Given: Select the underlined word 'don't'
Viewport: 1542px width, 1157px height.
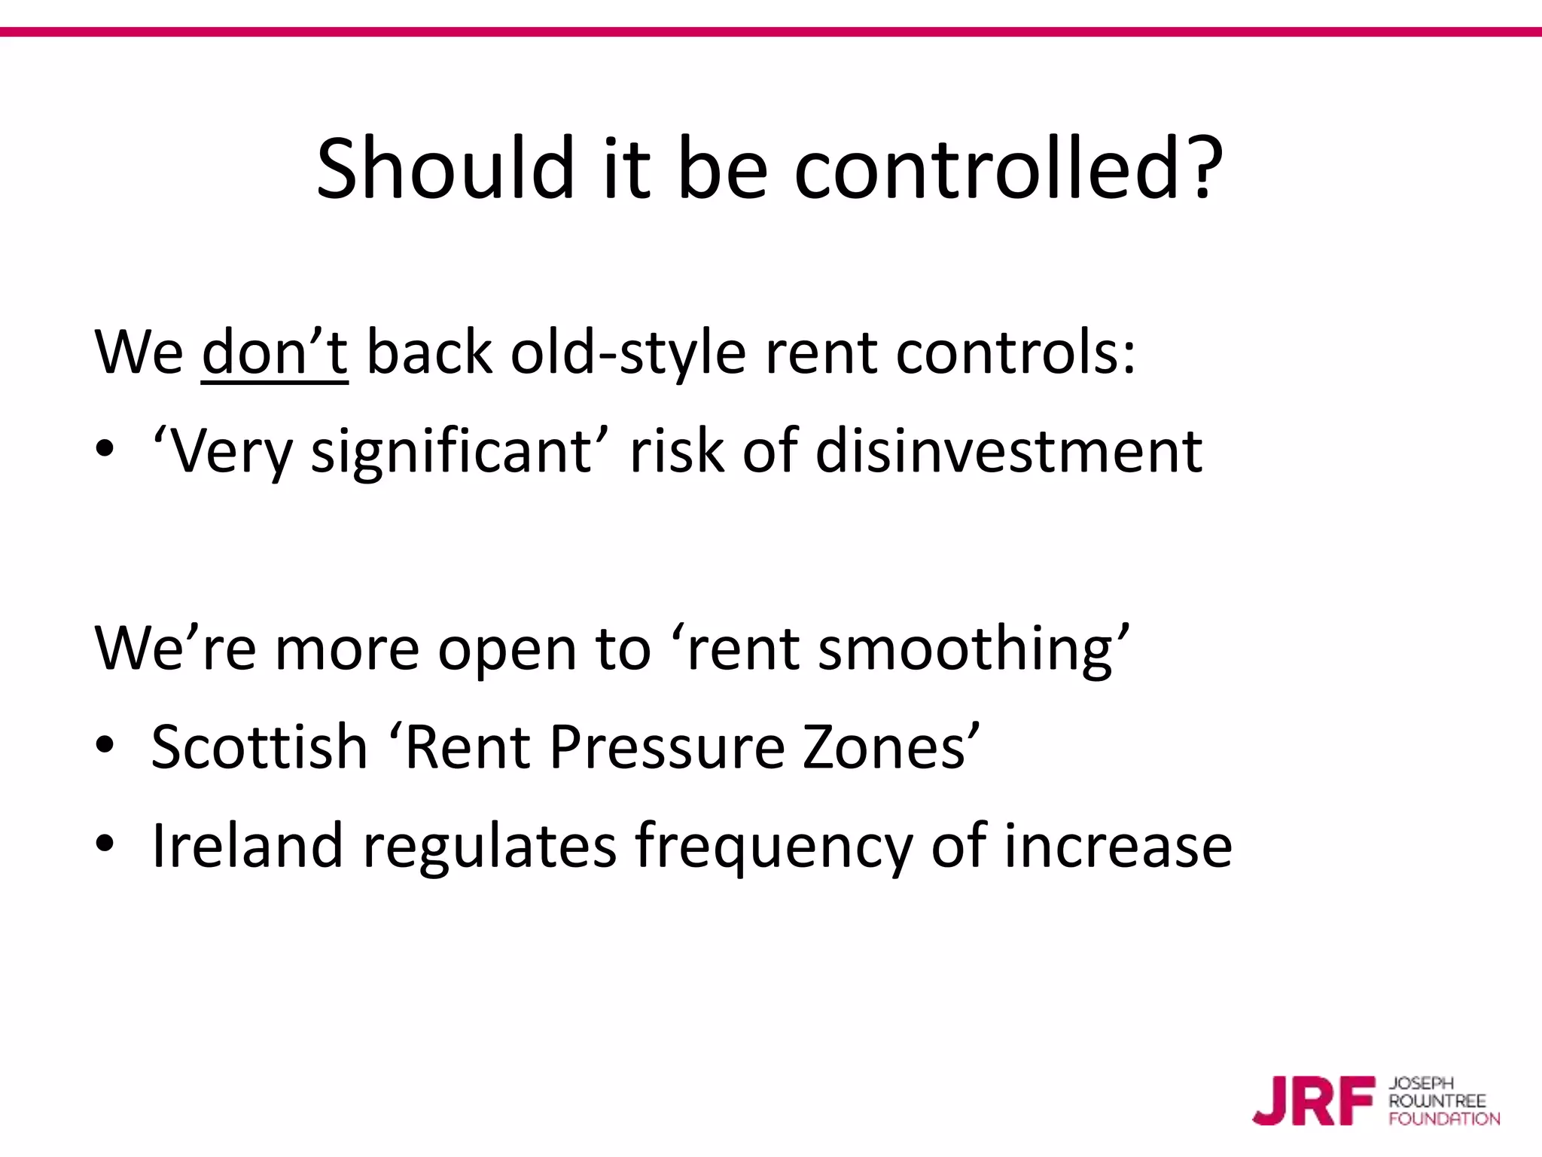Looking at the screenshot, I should pos(275,353).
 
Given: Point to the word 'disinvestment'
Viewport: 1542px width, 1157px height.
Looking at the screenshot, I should pos(1009,450).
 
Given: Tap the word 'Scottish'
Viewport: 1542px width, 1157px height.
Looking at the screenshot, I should pos(259,746).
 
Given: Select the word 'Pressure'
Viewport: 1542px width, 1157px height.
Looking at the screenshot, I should pos(667,746).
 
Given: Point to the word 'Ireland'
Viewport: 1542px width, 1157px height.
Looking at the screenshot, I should pos(248,845).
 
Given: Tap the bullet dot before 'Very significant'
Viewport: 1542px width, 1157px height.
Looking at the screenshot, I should pos(105,450).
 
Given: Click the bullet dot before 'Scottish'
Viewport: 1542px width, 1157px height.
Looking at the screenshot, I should pos(105,745).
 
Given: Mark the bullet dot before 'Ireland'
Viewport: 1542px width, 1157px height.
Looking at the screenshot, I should pos(105,844).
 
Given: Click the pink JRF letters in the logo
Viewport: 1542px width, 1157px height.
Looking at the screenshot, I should pos(1313,1101).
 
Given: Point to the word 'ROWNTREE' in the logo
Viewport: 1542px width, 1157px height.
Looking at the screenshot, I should pos(1437,1101).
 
